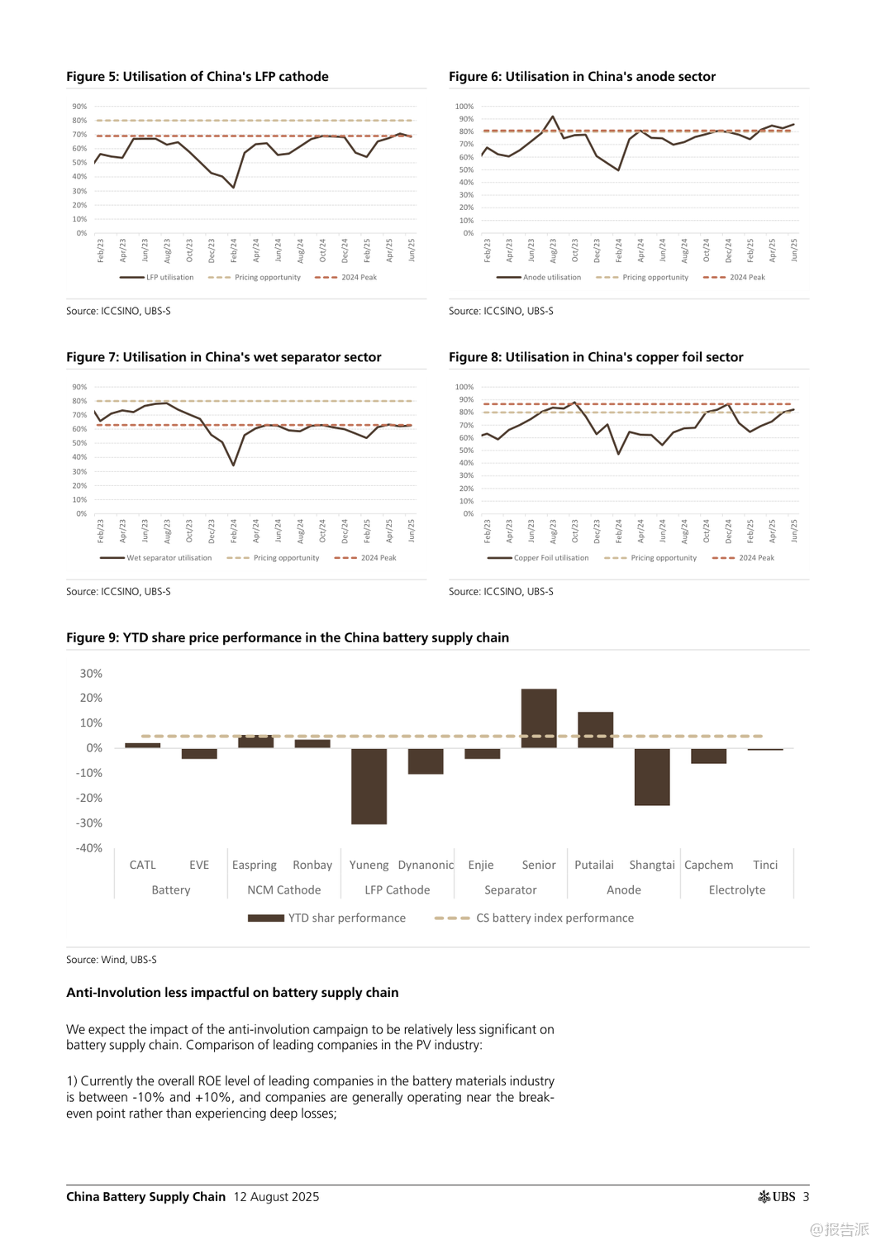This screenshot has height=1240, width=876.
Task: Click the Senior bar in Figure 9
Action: [539, 718]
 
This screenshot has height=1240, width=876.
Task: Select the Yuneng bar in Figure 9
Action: [369, 785]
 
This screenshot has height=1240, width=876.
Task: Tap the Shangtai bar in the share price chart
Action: [652, 776]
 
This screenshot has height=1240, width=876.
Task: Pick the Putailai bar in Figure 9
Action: [595, 729]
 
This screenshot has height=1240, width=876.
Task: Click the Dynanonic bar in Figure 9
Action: [426, 761]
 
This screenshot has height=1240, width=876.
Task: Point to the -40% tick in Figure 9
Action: [89, 848]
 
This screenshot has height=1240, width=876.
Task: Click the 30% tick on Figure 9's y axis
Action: [91, 674]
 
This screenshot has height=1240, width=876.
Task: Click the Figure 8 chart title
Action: [596, 357]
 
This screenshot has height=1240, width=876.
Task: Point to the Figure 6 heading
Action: [582, 77]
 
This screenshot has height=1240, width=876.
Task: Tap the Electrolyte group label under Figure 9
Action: [736, 890]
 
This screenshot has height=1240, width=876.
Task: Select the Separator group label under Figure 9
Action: [510, 890]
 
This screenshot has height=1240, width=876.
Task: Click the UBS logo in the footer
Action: [777, 1197]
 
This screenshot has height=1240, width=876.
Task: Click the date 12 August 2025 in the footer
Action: [276, 1197]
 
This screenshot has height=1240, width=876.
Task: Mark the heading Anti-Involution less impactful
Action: [232, 993]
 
